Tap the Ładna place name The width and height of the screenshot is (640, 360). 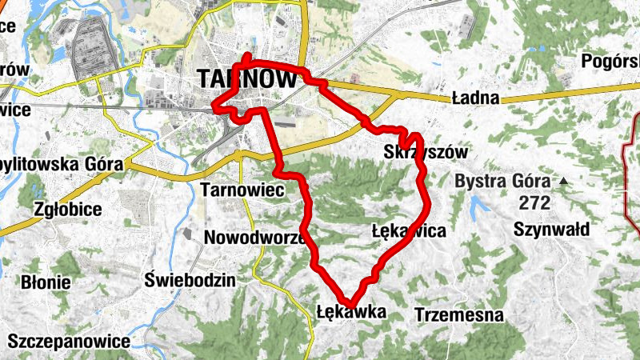click(475, 98)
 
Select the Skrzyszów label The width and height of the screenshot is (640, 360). click(426, 151)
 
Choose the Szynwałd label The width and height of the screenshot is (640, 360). click(552, 230)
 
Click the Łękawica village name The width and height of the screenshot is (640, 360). click(409, 231)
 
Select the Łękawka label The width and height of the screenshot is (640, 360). click(351, 311)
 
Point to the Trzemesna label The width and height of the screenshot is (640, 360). click(459, 314)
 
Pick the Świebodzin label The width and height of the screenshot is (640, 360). click(190, 280)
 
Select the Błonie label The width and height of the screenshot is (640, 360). click(46, 282)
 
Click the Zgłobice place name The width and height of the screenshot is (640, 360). click(68, 210)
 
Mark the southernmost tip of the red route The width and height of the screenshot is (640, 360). click(349, 302)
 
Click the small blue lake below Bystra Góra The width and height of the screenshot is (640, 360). click(479, 206)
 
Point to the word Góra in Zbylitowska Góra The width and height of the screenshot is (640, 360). click(101, 165)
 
